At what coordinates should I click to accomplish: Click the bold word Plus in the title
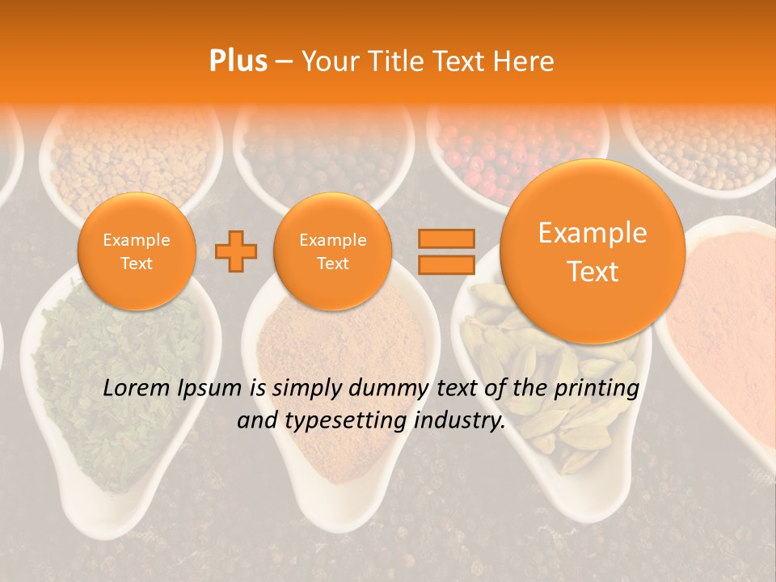coord(238,61)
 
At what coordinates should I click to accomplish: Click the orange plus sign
coord(236,251)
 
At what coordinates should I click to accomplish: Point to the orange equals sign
coord(445,251)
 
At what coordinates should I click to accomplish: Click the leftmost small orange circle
coord(137,251)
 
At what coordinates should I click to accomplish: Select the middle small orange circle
coord(332,251)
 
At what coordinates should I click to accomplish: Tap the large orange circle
coord(593,251)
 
